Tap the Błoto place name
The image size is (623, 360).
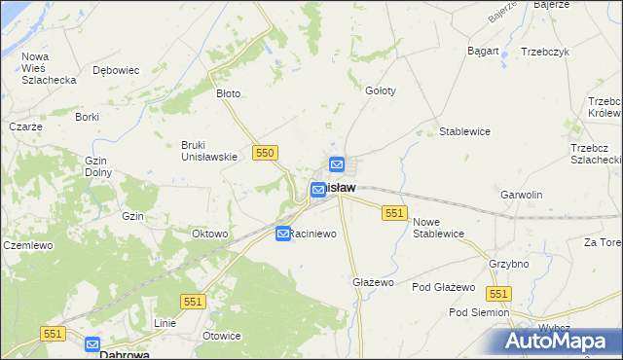(228, 94)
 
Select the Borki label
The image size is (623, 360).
(88, 117)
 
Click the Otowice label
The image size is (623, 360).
(221, 336)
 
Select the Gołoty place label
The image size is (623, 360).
(380, 90)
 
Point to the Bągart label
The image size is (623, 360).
(483, 51)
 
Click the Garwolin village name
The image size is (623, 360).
(521, 195)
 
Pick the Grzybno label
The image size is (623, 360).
(509, 264)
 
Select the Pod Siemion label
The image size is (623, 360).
(478, 312)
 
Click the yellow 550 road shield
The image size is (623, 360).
(265, 153)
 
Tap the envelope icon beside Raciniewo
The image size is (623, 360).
(282, 234)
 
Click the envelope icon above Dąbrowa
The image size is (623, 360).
(92, 343)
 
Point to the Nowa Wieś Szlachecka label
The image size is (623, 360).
(49, 68)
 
